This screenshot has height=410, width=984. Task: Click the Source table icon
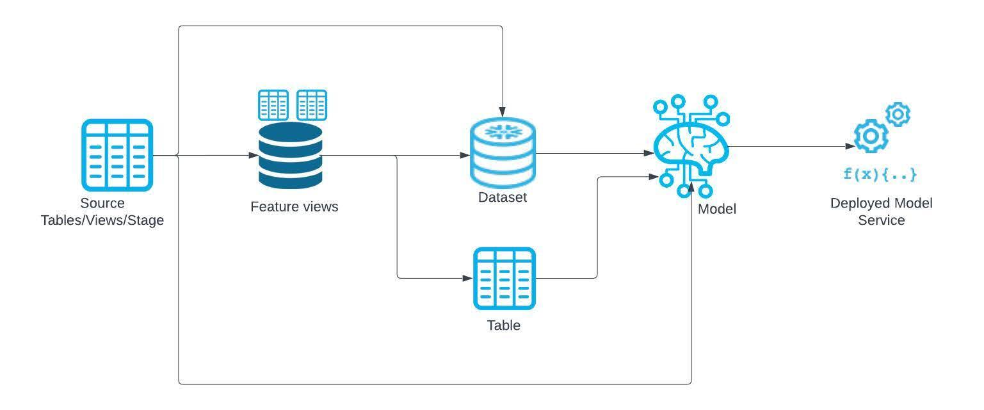pos(117,155)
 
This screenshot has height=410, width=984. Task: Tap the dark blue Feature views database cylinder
pos(290,156)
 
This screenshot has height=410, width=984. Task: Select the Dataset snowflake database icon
pos(503,152)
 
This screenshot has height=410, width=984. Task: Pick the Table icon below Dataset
pos(504,279)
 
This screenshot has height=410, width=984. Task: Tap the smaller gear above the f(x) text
pos(898,114)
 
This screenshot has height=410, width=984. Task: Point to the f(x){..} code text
pos(880,174)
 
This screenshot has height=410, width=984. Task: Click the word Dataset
pos(503,197)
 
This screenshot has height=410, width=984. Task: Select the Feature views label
pos(294,207)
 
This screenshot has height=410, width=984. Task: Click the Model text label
pos(716,209)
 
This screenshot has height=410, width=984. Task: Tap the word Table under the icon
pos(504,325)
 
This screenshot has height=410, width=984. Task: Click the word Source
pos(102,204)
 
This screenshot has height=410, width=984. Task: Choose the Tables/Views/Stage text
pos(102,220)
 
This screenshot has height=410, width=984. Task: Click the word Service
pos(882,220)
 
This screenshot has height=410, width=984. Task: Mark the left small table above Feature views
pos(273,105)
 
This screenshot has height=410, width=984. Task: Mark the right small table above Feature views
pos(312,105)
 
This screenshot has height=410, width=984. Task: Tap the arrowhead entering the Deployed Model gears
pos(851,146)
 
